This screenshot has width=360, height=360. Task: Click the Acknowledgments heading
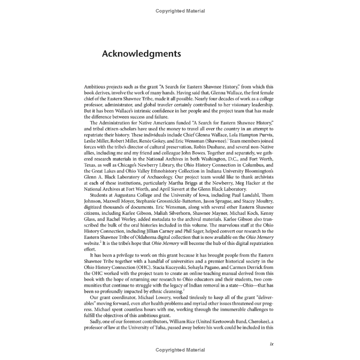point(141,54)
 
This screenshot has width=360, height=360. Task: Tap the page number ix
point(272,344)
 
